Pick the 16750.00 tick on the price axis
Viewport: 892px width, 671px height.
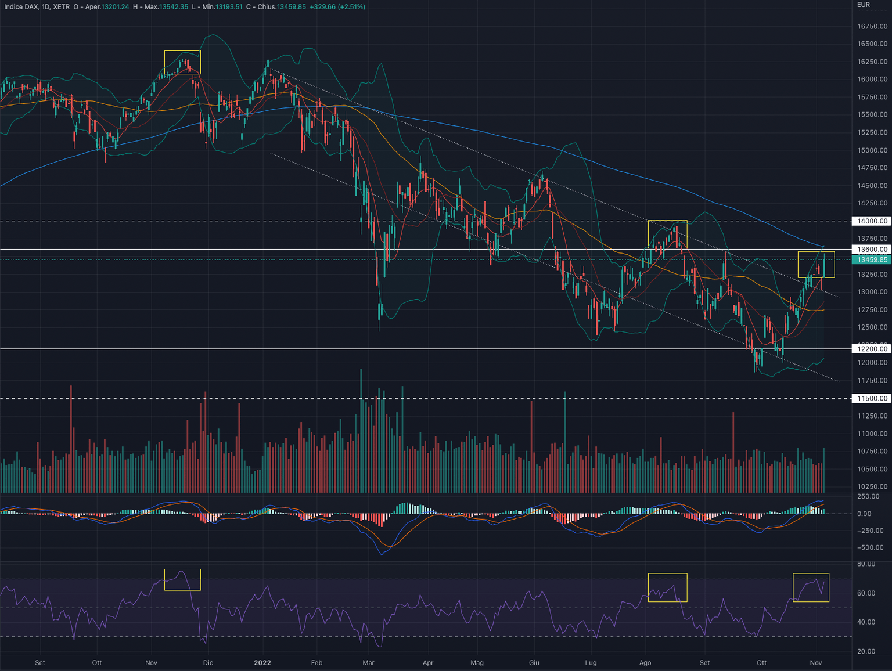point(872,26)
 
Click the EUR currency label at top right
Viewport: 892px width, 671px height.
point(864,5)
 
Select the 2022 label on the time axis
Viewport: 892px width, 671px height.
point(262,663)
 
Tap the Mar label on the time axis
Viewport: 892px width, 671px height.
point(368,663)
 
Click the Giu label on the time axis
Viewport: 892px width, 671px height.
point(534,663)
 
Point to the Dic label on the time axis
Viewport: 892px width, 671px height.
point(208,663)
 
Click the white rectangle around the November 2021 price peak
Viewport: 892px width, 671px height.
point(182,62)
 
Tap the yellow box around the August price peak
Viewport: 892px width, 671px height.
point(667,235)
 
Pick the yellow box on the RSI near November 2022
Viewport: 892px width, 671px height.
point(811,587)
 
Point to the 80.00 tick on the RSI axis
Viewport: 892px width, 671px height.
point(866,564)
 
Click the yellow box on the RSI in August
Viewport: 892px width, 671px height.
point(667,587)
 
